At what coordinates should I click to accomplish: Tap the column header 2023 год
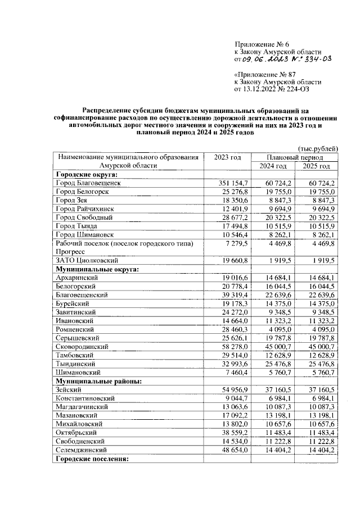227,157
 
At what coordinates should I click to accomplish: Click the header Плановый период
295,157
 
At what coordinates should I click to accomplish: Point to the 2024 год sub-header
273,166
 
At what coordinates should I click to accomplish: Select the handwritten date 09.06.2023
265,59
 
